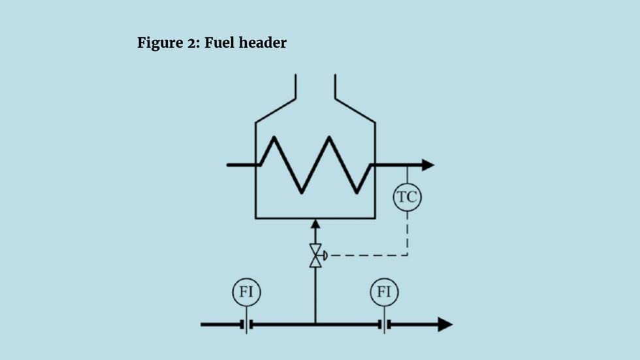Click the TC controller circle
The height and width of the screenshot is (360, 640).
pos(408,197)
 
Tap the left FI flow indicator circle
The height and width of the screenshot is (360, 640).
pos(246,292)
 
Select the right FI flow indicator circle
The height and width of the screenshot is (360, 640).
pos(384,292)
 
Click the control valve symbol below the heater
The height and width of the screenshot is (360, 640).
pos(315,255)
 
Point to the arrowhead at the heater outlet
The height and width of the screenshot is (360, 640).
pos(428,165)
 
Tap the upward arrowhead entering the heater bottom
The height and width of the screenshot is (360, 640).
pos(315,224)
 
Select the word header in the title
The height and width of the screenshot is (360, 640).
pos(263,44)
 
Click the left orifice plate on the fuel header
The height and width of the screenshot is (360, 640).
pos(246,324)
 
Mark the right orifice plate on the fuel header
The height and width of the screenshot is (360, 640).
pos(384,324)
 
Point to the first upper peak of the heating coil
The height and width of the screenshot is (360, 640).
pos(274,137)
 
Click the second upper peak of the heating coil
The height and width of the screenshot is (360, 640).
pos(330,137)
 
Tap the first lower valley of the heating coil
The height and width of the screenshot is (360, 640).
pos(301,192)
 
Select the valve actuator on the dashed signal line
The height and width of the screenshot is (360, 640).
pos(325,255)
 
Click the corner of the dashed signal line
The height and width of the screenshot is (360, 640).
pos(408,255)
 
